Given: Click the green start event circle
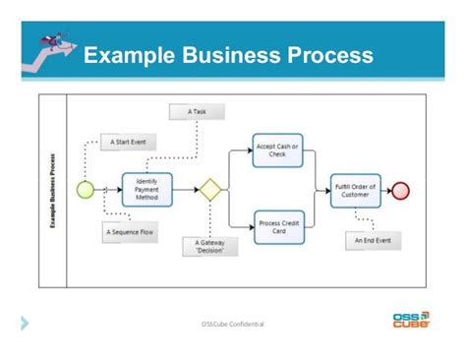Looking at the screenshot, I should click(x=84, y=190).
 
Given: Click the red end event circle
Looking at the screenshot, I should click(x=400, y=190).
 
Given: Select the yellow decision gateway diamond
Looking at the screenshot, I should click(x=209, y=190).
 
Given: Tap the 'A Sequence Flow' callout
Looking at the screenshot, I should click(x=128, y=232).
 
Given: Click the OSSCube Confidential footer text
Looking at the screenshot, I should click(x=232, y=324).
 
